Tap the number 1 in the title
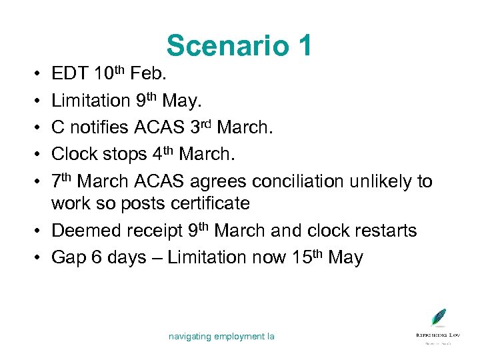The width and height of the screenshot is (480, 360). pyautogui.click(x=301, y=45)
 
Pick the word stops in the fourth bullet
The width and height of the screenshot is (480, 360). pyautogui.click(x=119, y=154)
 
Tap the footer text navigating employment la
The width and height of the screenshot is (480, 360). pyautogui.click(x=221, y=337)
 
